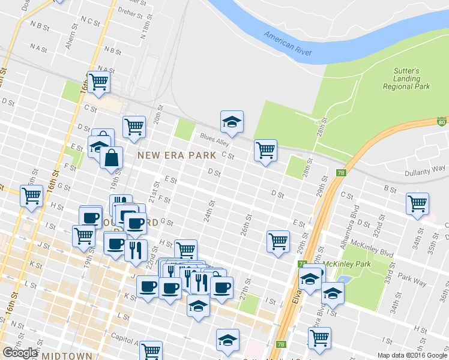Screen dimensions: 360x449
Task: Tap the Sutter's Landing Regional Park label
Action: point(406,79)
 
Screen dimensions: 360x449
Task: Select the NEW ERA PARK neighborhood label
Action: point(176,155)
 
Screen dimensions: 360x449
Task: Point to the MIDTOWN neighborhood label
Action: point(67,355)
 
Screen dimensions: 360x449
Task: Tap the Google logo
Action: point(20,353)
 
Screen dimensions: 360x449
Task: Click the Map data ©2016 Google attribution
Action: point(412,355)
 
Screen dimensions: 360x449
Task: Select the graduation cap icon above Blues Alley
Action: point(231,122)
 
